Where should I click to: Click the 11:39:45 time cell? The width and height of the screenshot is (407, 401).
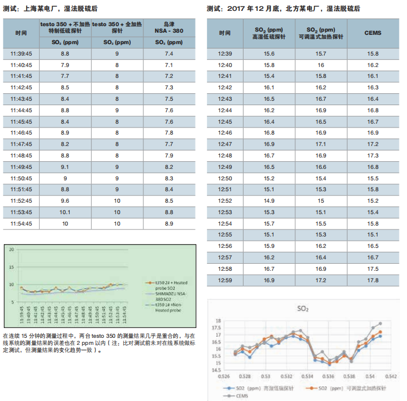coord(21,53)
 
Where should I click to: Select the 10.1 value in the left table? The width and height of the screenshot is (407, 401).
coord(65,212)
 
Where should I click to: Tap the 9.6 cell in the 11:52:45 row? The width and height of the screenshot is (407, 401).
coord(65,200)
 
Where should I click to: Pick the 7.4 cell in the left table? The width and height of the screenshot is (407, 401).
coord(168,53)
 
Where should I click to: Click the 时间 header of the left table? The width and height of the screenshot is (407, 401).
coord(21,33)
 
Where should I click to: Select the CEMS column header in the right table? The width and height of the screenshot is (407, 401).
coord(373,33)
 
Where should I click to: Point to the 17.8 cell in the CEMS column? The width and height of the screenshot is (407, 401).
coord(373,280)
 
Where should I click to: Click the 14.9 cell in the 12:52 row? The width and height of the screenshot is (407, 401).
coord(269,200)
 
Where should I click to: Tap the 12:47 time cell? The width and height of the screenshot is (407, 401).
coord(225,144)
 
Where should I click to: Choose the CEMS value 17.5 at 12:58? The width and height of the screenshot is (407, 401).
coord(373,269)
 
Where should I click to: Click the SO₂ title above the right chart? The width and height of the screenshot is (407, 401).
coord(303,309)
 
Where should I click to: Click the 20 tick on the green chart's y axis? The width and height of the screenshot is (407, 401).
coord(11,250)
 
